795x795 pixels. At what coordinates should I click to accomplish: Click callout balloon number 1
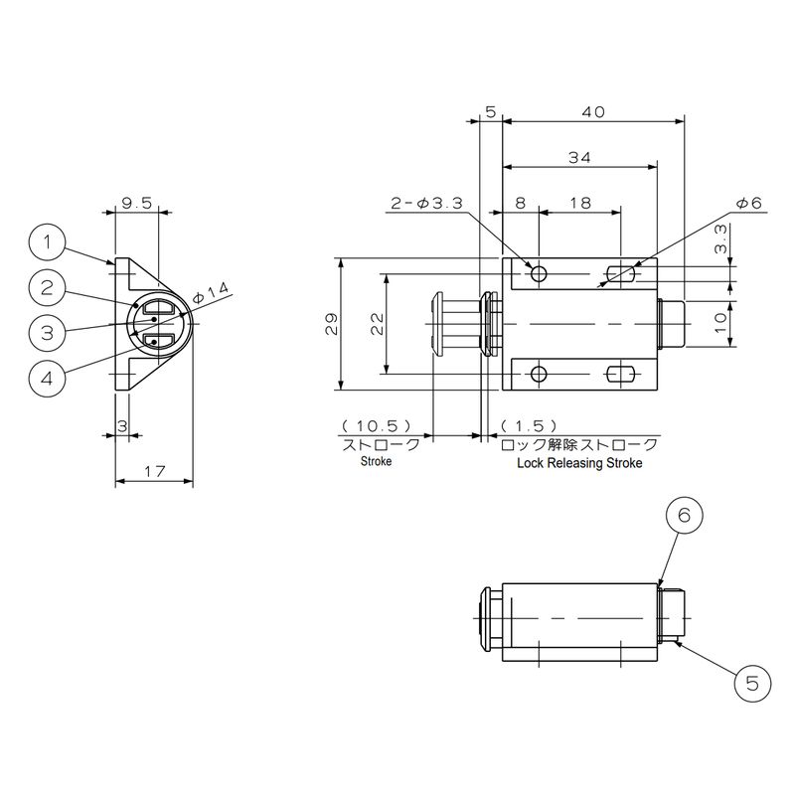pyautogui.click(x=47, y=241)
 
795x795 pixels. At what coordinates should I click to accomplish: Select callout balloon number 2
pyautogui.click(x=47, y=288)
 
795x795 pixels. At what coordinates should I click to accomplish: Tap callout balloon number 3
pyautogui.click(x=47, y=332)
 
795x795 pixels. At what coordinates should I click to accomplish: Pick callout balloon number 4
pyautogui.click(x=47, y=378)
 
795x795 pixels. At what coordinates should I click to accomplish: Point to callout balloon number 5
pyautogui.click(x=752, y=684)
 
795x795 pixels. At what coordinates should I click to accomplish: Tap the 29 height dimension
pyautogui.click(x=332, y=324)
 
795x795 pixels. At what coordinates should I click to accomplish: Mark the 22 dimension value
pyautogui.click(x=377, y=324)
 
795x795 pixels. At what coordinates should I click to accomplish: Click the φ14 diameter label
pyautogui.click(x=211, y=294)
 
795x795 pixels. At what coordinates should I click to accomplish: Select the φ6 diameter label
pyautogui.click(x=748, y=203)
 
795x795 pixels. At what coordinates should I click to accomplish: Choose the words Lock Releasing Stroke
pyautogui.click(x=579, y=463)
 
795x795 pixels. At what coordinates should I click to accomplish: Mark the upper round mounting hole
pyautogui.click(x=539, y=273)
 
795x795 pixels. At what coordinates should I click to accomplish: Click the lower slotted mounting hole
pyautogui.click(x=620, y=374)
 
